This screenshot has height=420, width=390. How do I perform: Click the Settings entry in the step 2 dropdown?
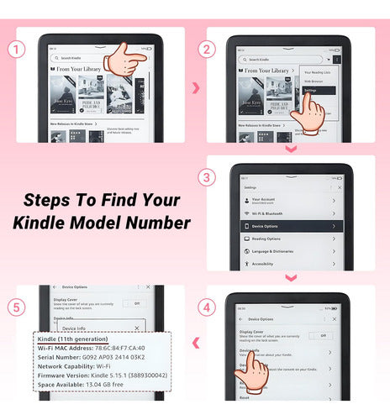click(311, 90)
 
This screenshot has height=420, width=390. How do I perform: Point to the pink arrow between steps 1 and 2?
click(196, 88)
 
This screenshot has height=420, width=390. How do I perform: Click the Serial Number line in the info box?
click(97, 356)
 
